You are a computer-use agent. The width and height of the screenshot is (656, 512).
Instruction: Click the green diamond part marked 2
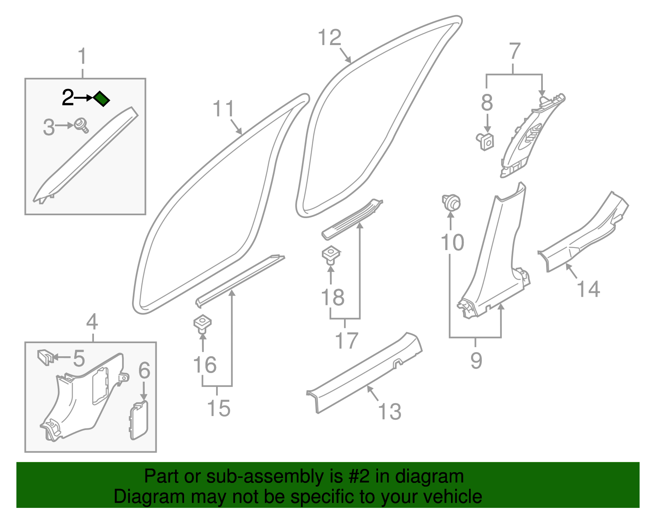click(101, 98)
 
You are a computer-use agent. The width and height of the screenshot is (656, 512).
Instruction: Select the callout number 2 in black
click(68, 98)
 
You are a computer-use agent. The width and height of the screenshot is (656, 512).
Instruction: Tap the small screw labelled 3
click(81, 125)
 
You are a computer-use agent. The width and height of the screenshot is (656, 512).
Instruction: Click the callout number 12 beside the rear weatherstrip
click(330, 38)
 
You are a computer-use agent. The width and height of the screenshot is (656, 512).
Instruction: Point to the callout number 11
click(223, 109)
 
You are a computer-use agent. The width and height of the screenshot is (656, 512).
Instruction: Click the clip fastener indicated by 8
click(486, 141)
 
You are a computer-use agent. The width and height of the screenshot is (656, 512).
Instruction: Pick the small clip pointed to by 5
click(45, 356)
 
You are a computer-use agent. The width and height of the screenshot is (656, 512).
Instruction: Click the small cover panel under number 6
click(139, 420)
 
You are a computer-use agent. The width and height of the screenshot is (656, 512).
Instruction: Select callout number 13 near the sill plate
click(389, 412)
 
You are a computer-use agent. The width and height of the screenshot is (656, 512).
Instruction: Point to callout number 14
click(588, 289)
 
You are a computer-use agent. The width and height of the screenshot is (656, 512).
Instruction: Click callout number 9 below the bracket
click(476, 360)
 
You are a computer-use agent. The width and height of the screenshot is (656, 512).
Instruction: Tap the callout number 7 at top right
click(515, 52)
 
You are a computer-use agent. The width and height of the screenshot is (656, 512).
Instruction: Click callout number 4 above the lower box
click(92, 322)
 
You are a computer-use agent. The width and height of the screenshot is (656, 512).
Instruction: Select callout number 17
click(347, 341)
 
